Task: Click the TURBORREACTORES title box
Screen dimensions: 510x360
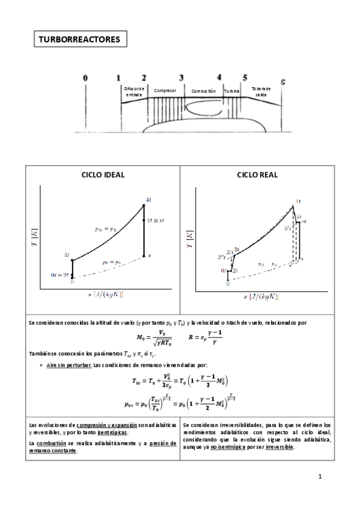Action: pos(79,40)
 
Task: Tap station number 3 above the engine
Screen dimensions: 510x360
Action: pos(181,78)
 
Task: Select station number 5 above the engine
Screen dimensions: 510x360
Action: pos(245,78)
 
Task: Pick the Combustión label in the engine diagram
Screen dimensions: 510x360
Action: pos(203,91)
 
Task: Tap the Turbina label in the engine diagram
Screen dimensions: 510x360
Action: pos(232,91)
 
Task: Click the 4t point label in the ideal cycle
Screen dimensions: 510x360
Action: pos(148,200)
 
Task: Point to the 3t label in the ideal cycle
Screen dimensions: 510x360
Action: pos(67,255)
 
